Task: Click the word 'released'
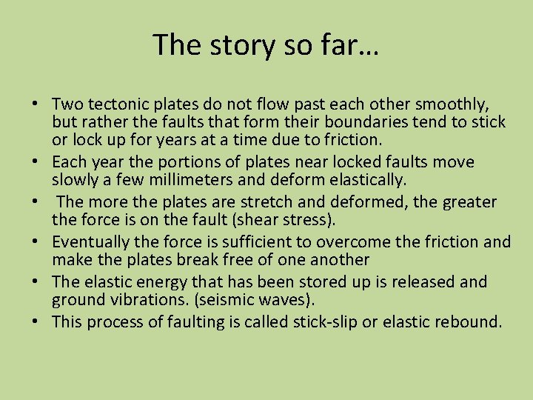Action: pyautogui.click(x=421, y=281)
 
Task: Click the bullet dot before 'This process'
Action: pyautogui.click(x=44, y=321)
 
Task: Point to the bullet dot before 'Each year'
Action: pyautogui.click(x=44, y=161)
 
